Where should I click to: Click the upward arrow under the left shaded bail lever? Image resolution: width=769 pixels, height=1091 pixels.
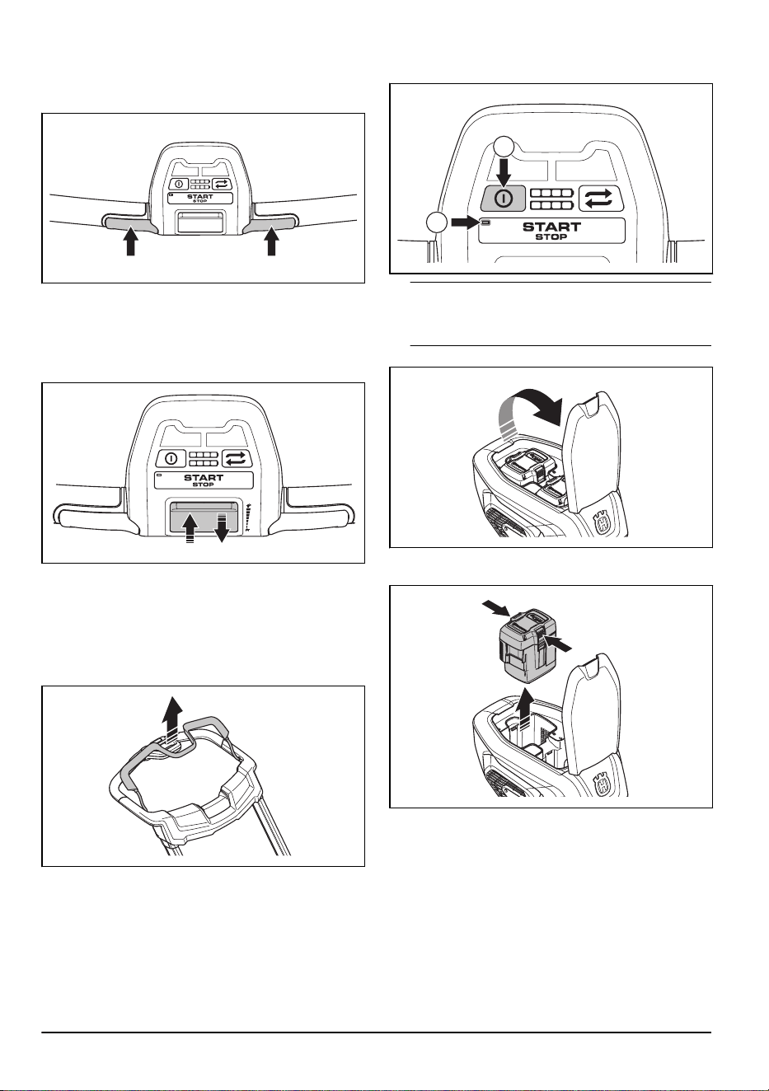(x=129, y=242)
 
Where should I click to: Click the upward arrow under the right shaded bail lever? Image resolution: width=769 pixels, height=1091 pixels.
(x=272, y=242)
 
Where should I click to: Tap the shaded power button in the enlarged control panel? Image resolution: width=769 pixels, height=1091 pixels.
(x=504, y=199)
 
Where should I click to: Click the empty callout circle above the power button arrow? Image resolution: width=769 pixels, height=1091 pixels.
(x=504, y=147)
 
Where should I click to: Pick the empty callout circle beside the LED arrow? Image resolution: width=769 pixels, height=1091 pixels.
(x=437, y=222)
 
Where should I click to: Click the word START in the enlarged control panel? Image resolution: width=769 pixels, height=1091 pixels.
(x=551, y=227)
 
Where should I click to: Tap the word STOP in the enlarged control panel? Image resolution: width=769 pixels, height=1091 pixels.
(x=551, y=236)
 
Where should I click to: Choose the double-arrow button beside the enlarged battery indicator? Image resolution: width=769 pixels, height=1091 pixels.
(x=602, y=199)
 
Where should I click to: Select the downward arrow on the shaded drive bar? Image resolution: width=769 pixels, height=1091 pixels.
(x=222, y=527)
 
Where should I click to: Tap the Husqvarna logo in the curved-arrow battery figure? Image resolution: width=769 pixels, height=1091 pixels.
(x=604, y=524)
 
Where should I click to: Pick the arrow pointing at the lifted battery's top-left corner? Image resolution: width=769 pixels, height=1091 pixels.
(x=496, y=608)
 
